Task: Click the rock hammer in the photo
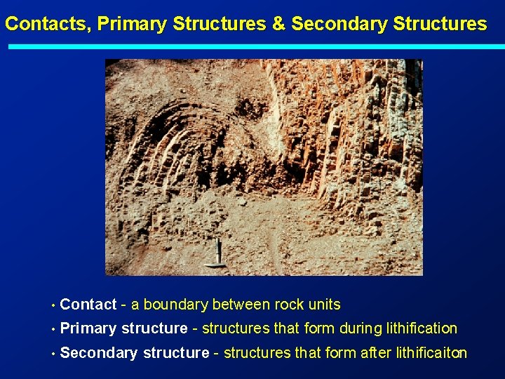219,254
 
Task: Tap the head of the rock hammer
215,264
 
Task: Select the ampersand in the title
278,24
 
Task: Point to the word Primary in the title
133,24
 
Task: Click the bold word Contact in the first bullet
88,305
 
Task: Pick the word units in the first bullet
324,305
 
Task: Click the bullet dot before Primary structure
53,329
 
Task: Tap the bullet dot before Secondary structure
53,353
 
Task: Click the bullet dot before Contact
53,305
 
